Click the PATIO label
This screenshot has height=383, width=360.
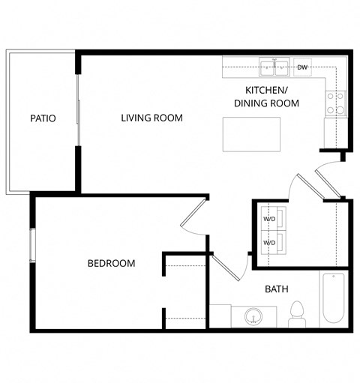coord(43,118)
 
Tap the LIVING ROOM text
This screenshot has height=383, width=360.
coord(152,118)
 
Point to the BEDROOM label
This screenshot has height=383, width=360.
coord(111,263)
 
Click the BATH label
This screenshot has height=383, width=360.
coord(277,289)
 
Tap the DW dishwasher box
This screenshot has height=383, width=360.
coord(302,67)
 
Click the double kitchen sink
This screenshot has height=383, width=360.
coord(274,68)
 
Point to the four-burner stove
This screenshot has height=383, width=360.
coord(335,103)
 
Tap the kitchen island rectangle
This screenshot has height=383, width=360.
coord(247,133)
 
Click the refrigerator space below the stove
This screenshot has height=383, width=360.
coord(334,132)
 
